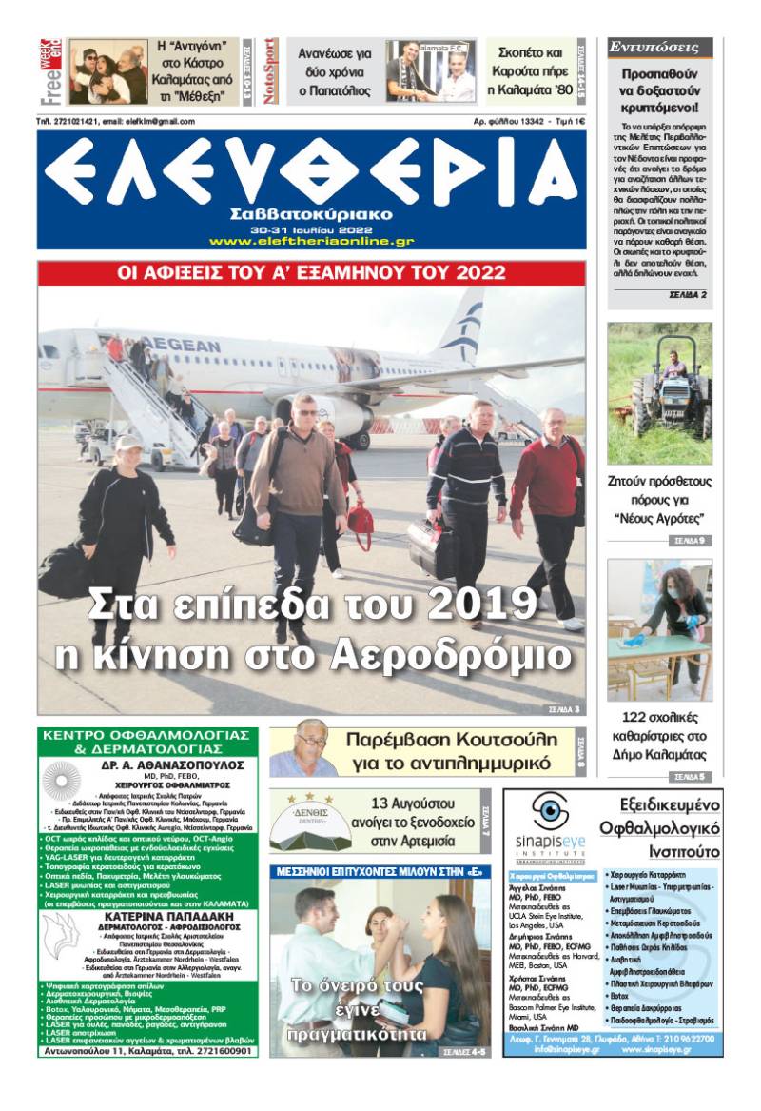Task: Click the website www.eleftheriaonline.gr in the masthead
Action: pyautogui.click(x=311, y=242)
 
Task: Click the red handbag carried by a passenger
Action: pyautogui.click(x=361, y=521)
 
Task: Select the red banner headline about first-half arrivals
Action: pyautogui.click(x=311, y=273)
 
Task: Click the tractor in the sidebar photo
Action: pyautogui.click(x=671, y=398)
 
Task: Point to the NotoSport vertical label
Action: pyautogui.click(x=270, y=70)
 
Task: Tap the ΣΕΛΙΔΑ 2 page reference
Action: pyautogui.click(x=687, y=296)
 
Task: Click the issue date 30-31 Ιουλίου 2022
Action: pyautogui.click(x=311, y=230)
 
